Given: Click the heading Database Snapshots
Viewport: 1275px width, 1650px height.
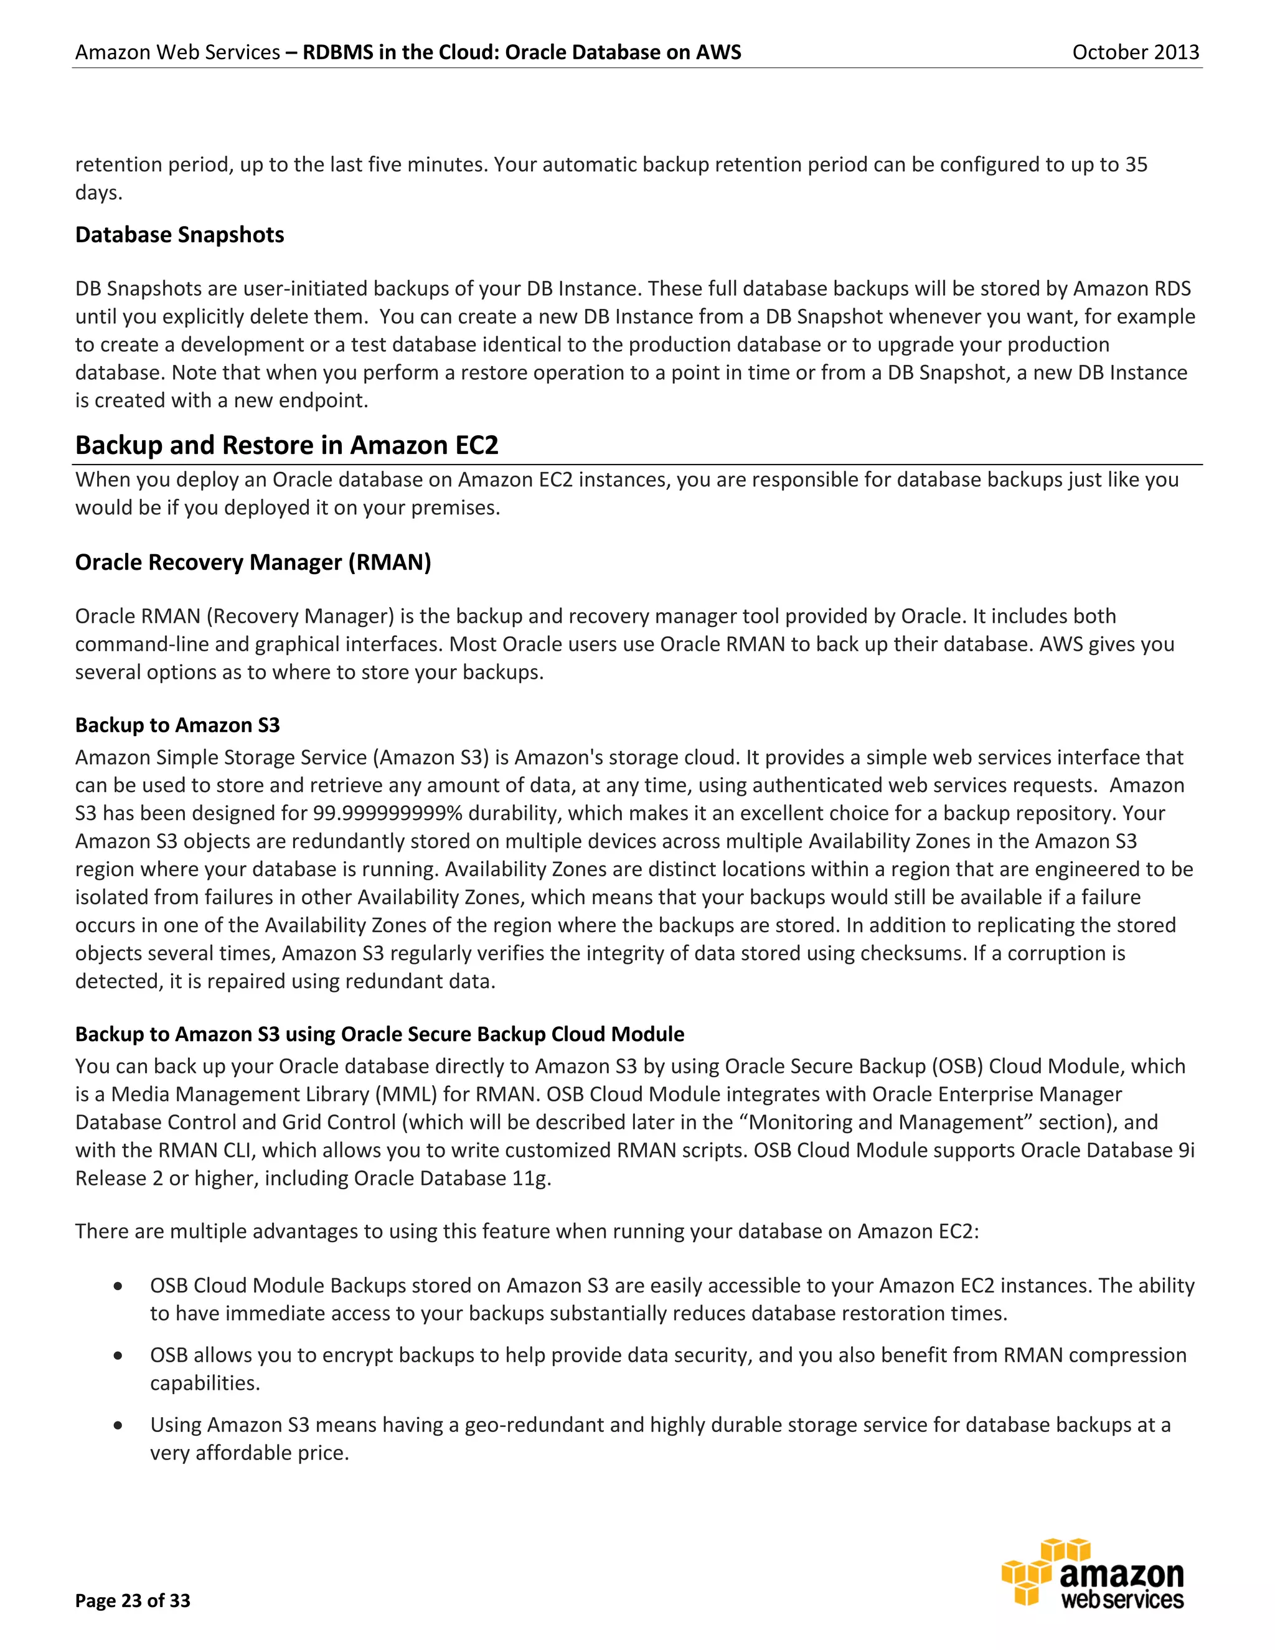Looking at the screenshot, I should (x=180, y=235).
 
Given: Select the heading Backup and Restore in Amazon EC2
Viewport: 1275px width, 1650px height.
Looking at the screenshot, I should (x=286, y=445).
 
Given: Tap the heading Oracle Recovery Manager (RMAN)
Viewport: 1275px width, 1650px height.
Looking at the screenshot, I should (x=253, y=562).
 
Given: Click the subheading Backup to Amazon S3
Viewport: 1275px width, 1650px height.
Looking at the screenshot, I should (x=177, y=725).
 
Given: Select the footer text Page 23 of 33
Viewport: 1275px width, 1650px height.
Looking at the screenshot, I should (x=133, y=1600).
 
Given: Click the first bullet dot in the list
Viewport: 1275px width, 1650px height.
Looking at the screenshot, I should (x=118, y=1286).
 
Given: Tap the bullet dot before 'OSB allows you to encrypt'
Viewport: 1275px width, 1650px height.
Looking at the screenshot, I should (x=118, y=1355).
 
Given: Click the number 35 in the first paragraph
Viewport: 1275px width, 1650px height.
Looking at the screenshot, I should (x=1136, y=165).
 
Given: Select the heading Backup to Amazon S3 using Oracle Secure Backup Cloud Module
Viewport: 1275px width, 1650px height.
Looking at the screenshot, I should (x=379, y=1034).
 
